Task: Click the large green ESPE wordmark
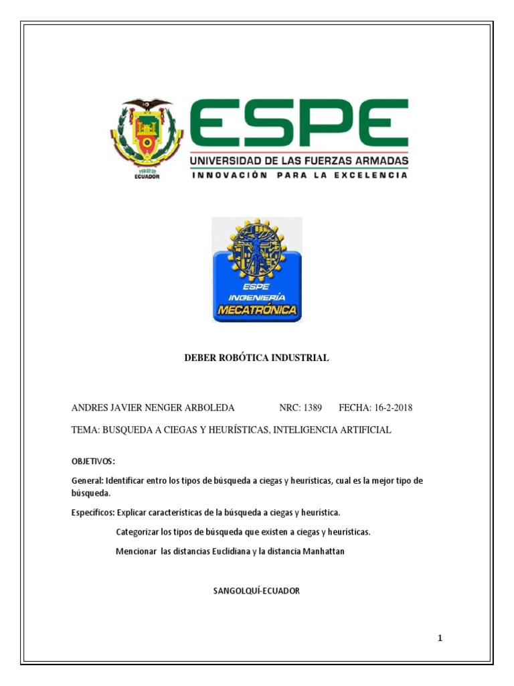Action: pos(299,125)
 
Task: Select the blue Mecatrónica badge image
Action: pos(257,269)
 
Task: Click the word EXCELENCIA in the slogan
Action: pos(372,176)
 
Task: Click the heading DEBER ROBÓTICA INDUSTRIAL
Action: pos(256,358)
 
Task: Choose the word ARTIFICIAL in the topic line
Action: pos(365,430)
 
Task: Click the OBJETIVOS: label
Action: pos(93,462)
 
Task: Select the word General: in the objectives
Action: pos(86,482)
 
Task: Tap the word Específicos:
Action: pos(93,512)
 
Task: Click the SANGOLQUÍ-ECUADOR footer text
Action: pos(256,591)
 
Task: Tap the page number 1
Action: pos(440,638)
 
